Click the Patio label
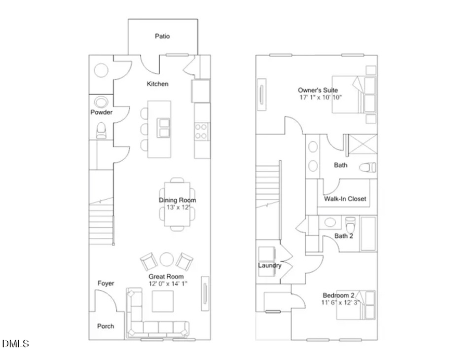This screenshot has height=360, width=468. click(x=162, y=36)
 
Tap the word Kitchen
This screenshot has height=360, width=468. click(x=158, y=84)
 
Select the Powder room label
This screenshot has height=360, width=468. click(x=101, y=112)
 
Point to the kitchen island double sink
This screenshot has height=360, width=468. click(x=164, y=126)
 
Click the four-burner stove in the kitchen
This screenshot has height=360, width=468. click(x=201, y=131)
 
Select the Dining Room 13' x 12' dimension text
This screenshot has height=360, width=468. click(x=177, y=208)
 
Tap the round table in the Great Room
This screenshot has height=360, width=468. click(x=166, y=259)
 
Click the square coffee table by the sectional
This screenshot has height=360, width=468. click(x=162, y=301)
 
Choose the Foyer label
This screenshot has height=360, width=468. click(x=106, y=283)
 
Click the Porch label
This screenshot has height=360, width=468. click(x=106, y=326)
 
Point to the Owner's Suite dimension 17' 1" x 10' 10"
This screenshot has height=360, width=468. click(x=321, y=97)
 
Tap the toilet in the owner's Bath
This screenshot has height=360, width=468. click(x=369, y=168)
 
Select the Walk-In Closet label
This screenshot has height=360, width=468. click(x=345, y=199)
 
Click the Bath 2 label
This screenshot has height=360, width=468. click(x=344, y=236)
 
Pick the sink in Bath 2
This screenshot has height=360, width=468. click(x=329, y=223)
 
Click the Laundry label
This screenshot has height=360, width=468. click(x=269, y=265)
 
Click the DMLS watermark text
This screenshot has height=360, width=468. click(x=16, y=344)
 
